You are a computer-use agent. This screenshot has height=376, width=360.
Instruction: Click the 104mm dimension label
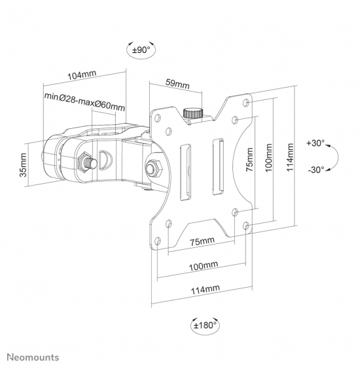82,75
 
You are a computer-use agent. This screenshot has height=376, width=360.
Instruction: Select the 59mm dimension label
177,84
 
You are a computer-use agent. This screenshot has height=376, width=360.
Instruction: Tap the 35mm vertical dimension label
23,165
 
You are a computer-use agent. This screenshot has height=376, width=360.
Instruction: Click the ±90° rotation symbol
141,50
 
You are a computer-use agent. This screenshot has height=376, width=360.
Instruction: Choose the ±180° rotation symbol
206,326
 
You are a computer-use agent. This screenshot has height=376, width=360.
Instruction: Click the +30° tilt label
315,143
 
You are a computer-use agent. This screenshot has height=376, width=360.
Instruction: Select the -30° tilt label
316,170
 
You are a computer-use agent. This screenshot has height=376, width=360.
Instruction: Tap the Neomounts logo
33,357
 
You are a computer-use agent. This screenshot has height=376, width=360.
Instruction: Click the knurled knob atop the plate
193,113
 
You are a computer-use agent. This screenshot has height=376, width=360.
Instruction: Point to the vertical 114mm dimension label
290,158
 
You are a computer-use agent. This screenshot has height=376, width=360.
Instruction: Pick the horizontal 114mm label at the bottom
206,290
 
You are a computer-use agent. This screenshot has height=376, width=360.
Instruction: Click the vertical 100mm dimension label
269,158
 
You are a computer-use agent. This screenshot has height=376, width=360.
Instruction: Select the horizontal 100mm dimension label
204,266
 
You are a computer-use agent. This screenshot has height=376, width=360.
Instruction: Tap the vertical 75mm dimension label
249,160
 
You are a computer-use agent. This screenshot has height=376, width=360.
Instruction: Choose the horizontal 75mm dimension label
202,241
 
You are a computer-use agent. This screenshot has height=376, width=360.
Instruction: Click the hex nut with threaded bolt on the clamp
86,162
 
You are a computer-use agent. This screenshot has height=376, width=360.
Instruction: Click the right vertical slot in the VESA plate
218,166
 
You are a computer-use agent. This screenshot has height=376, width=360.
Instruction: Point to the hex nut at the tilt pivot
154,168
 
